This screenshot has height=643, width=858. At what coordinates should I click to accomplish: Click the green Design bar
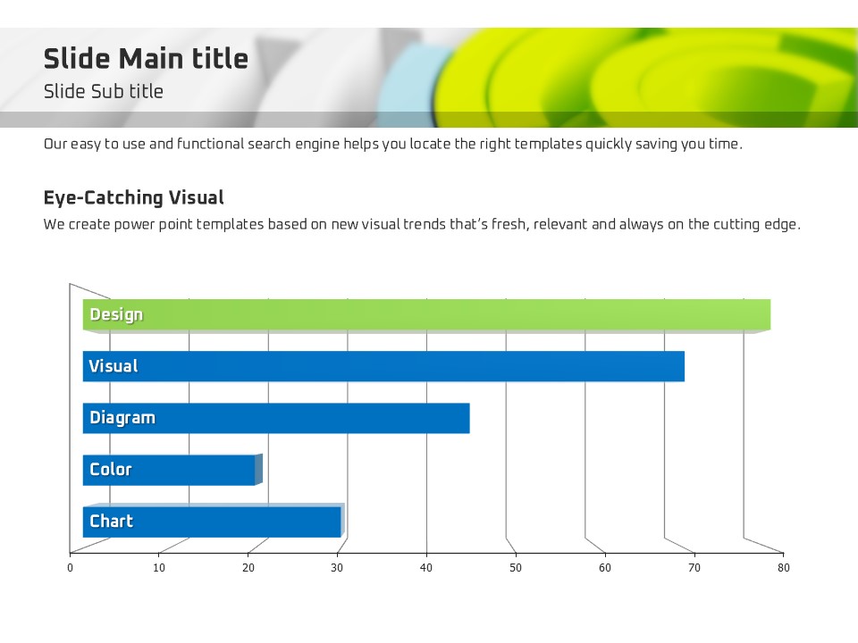point(429,314)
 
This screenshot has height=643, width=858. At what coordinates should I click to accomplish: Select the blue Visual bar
point(384,366)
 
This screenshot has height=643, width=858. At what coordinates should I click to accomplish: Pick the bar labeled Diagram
point(277,418)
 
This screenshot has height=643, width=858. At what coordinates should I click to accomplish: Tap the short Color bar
point(170,470)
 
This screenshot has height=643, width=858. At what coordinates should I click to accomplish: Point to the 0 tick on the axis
point(70,567)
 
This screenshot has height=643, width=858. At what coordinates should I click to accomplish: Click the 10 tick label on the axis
point(159,567)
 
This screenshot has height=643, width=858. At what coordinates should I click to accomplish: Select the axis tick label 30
point(337,567)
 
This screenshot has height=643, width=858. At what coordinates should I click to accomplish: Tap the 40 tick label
point(426,567)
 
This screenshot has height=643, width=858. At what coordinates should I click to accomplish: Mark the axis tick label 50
point(516,567)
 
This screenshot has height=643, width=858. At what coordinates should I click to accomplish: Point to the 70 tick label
point(694,567)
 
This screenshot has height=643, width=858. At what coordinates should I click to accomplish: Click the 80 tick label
point(783,567)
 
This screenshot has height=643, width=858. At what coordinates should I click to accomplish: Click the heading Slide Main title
point(146,59)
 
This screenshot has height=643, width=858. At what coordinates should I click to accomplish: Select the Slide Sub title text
point(104,91)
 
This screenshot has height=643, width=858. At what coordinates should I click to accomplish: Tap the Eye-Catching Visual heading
point(133,197)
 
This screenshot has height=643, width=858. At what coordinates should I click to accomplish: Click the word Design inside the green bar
point(116,314)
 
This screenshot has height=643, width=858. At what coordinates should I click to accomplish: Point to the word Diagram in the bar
point(122,418)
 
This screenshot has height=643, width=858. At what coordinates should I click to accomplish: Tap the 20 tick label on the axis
point(248,567)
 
